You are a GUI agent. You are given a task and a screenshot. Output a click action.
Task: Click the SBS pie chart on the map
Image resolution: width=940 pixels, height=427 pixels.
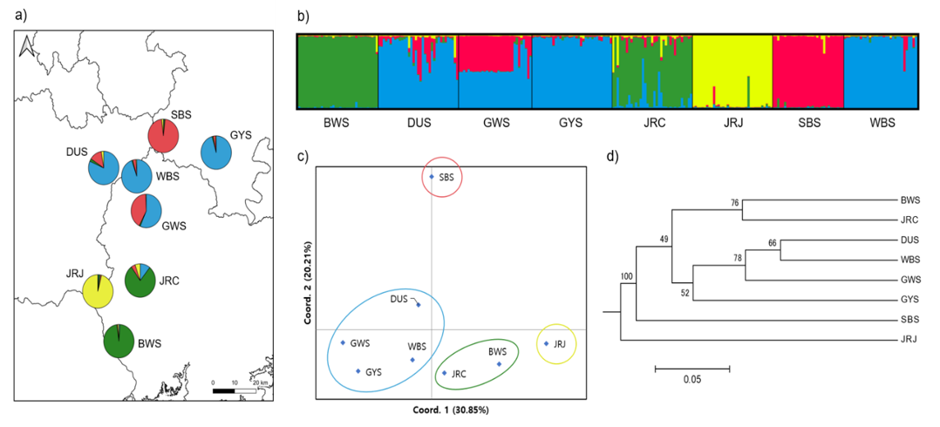coord(163,135)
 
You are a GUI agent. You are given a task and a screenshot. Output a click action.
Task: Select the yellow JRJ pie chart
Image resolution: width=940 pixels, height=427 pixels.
coord(98,291)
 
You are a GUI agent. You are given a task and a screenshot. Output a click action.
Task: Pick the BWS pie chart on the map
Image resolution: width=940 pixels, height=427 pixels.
coord(119,341)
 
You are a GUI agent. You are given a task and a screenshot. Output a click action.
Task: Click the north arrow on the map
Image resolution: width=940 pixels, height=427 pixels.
coord(26,47)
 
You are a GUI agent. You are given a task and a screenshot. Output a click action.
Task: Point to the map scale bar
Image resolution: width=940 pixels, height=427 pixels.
coord(235,390)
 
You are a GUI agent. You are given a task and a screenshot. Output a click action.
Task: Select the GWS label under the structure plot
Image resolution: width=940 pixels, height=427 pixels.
coord(495,123)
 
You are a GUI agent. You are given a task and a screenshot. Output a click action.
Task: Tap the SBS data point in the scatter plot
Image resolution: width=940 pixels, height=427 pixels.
coord(432,177)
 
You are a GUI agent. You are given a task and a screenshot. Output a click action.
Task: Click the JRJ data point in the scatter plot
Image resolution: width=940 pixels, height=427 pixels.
coord(546,343)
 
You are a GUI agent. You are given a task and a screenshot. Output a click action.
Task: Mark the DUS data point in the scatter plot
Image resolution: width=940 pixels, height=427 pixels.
coord(419,305)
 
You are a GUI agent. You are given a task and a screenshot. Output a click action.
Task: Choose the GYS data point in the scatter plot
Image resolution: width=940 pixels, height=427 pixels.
coord(358,371)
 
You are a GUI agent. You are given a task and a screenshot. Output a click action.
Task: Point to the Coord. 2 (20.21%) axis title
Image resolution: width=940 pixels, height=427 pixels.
coord(309,283)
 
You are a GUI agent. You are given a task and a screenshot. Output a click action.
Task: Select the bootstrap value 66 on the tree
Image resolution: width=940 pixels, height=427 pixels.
coord(773,243)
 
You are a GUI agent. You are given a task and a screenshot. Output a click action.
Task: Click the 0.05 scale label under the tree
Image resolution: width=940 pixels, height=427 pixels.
coord(691,379)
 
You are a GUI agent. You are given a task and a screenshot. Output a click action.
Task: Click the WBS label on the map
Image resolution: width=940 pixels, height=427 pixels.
coord(167,177)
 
